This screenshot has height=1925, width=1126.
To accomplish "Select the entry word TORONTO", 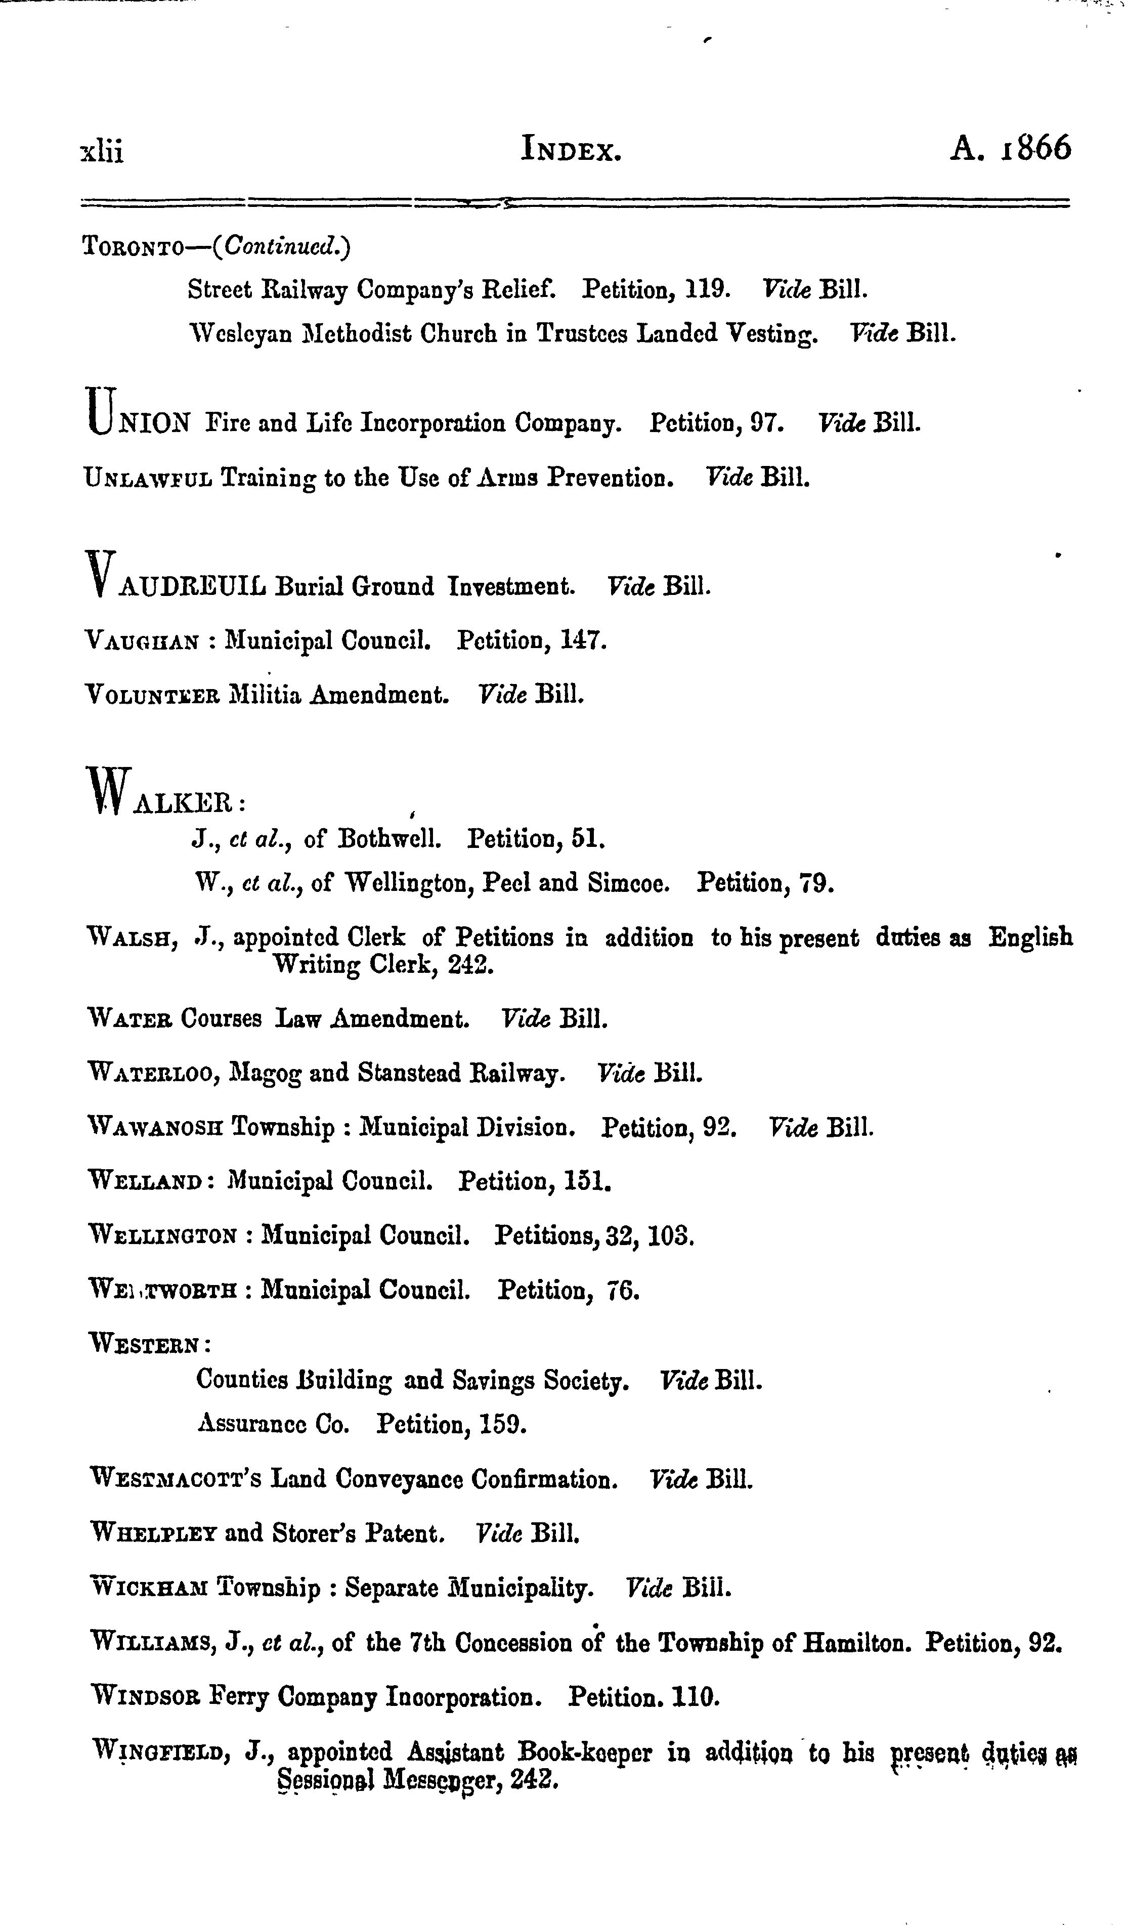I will click(x=132, y=247).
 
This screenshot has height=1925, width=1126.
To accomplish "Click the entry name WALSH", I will click(x=134, y=937).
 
